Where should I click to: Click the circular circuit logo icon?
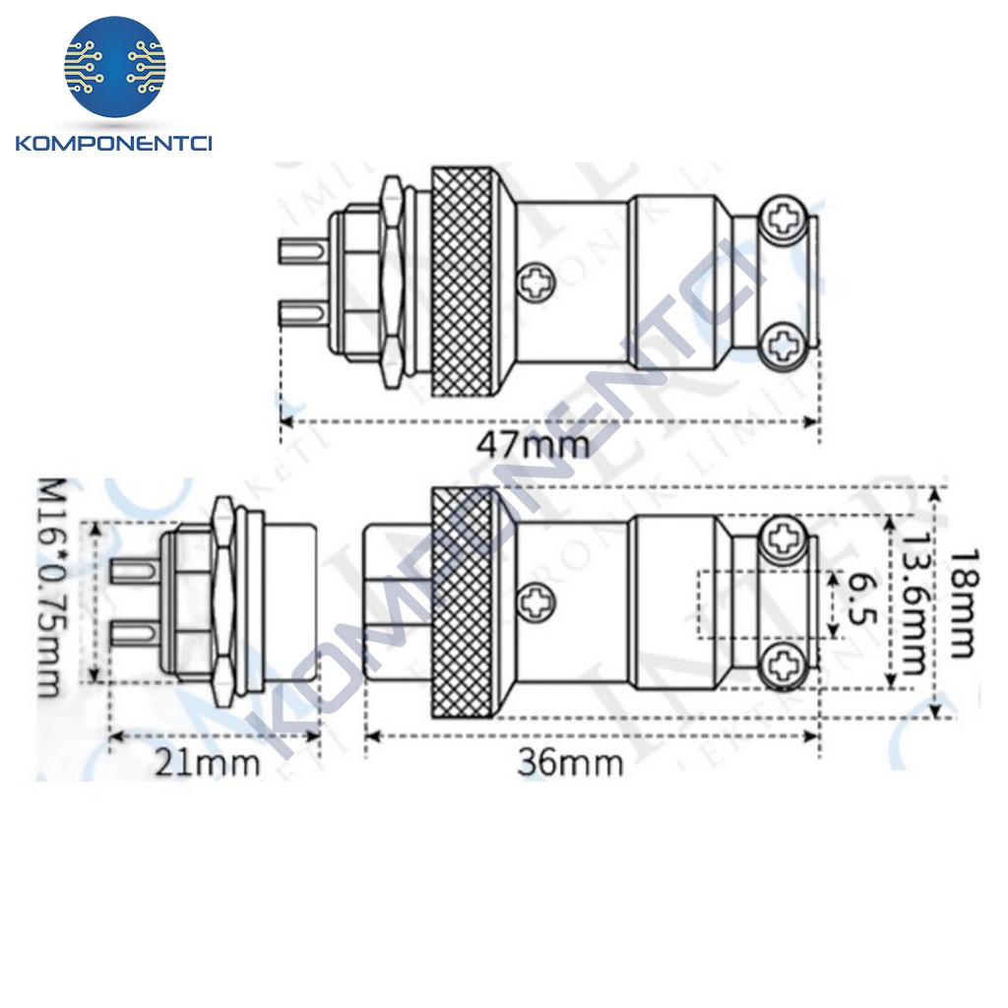coord(115,68)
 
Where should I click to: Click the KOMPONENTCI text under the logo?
coord(114,145)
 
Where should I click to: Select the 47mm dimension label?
coord(533,444)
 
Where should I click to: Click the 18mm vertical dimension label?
coord(959,602)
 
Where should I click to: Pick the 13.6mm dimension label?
coord(913,602)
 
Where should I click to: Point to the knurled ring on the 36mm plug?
coord(466,602)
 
